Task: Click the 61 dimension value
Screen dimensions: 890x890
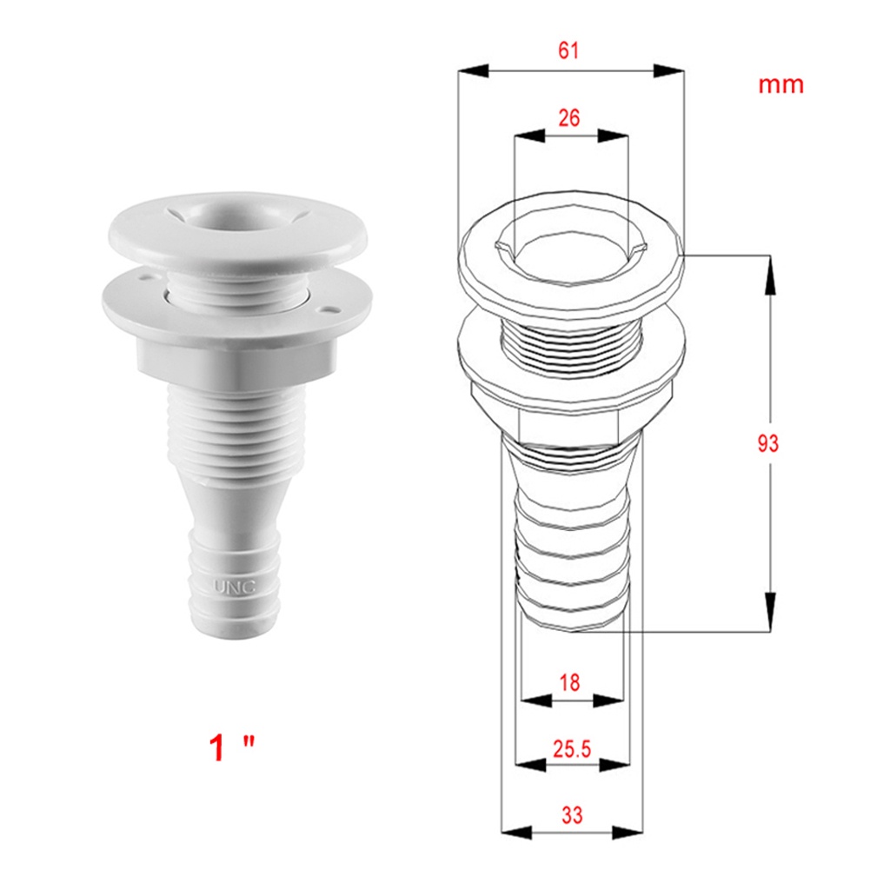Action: click(x=568, y=50)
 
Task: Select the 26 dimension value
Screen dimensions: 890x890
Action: click(x=569, y=117)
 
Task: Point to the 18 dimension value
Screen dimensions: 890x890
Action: click(x=569, y=682)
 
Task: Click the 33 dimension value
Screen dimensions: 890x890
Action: click(x=571, y=815)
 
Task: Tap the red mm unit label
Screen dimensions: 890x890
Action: click(x=780, y=85)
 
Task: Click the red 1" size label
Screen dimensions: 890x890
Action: click(x=232, y=747)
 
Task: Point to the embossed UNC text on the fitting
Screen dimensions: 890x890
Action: click(x=235, y=587)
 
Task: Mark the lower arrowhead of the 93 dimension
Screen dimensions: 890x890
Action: click(x=770, y=614)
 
